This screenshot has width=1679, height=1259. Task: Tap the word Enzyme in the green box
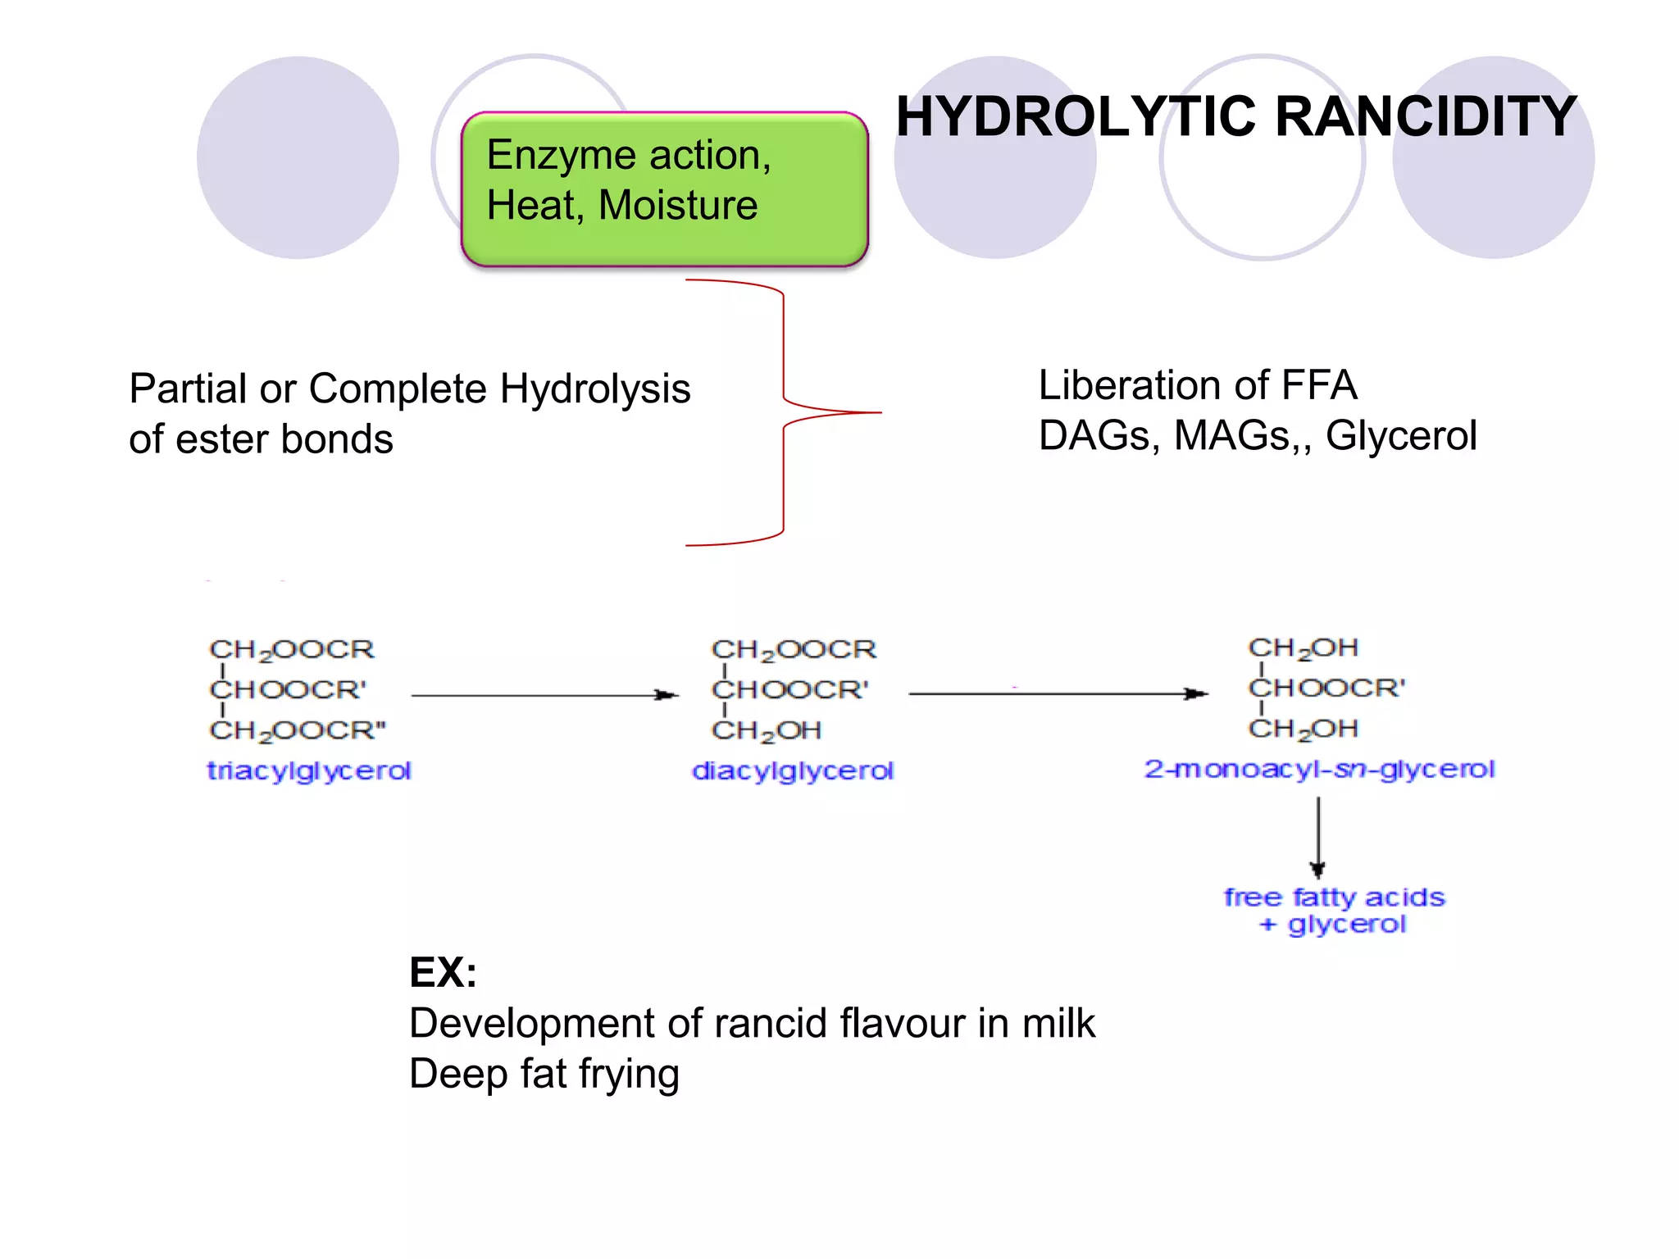point(559,156)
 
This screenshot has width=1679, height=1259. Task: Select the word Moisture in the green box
point(678,205)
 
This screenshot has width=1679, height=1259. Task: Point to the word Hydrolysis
point(594,389)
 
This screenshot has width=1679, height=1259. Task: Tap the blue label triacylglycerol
point(308,770)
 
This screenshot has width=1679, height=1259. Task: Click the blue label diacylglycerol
point(792,770)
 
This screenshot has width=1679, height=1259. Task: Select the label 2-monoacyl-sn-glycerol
point(1319,769)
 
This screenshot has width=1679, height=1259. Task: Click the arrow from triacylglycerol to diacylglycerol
point(544,695)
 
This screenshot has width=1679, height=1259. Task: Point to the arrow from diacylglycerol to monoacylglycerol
point(1058,693)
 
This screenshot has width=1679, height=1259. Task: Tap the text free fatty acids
point(1334,898)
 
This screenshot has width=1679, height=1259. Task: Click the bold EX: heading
point(443,973)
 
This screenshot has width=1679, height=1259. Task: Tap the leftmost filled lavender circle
point(298,157)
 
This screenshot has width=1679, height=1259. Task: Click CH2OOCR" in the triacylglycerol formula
point(298,730)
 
